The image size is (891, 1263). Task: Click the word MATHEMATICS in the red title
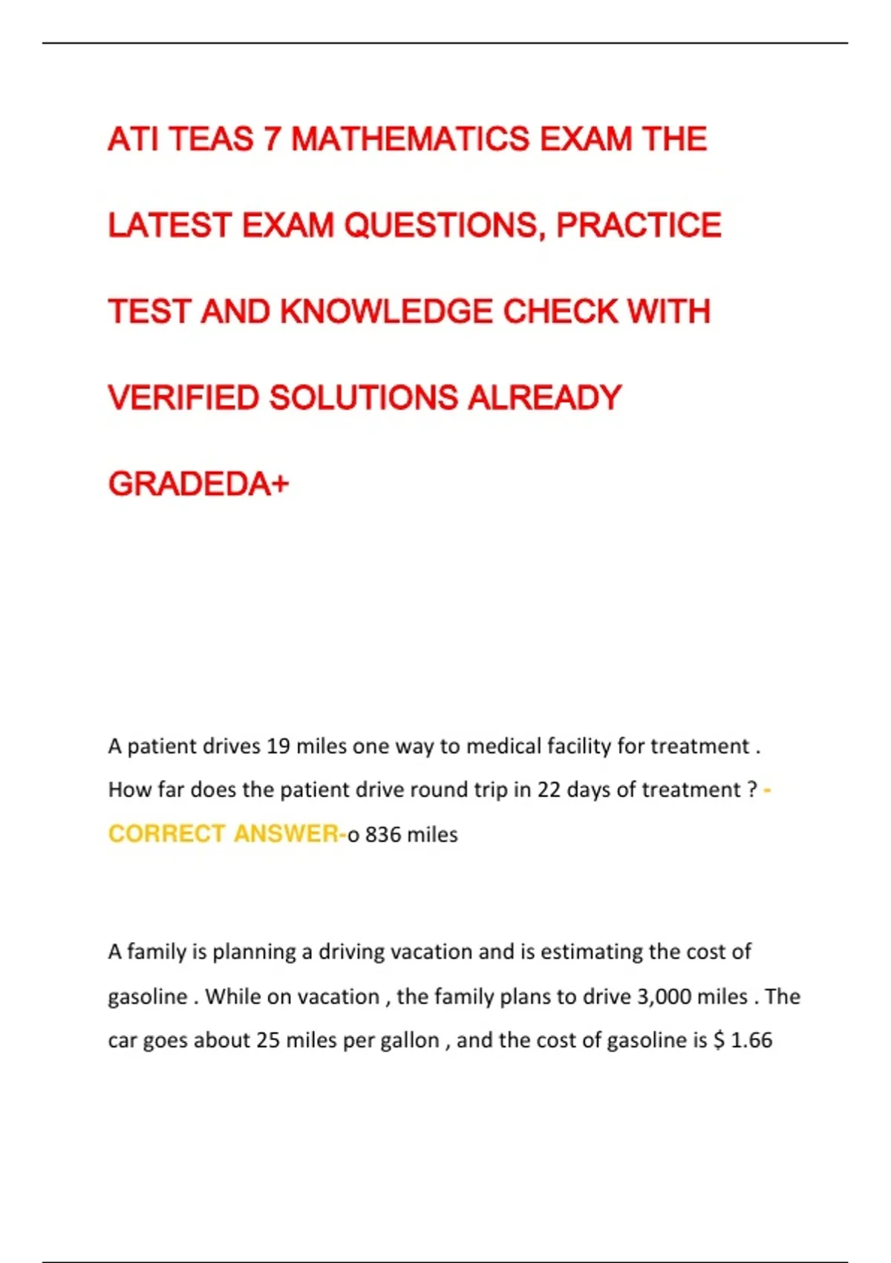(x=410, y=140)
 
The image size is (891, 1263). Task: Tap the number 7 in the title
(x=272, y=140)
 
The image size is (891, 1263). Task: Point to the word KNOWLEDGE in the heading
(x=386, y=312)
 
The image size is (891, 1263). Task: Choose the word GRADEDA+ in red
(x=198, y=484)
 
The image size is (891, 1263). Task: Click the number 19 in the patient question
(x=278, y=746)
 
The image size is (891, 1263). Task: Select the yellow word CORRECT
(x=166, y=834)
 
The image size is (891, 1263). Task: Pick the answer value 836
(x=382, y=835)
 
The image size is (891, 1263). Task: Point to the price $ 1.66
(x=742, y=1040)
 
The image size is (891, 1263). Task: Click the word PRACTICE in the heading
(x=639, y=226)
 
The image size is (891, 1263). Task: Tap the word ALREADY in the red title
(x=544, y=398)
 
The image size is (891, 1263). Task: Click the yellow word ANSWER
(x=286, y=834)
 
